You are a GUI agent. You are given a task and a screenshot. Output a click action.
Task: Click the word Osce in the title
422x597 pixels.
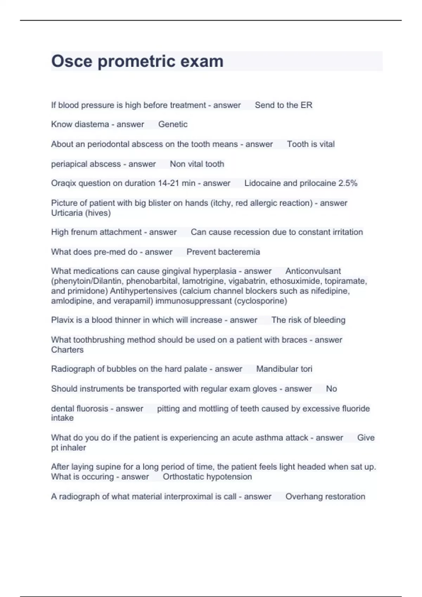[x=72, y=61]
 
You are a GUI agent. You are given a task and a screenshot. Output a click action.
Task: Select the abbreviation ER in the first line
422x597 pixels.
[x=306, y=105]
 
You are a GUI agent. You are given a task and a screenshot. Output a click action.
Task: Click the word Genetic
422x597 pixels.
[x=173, y=124]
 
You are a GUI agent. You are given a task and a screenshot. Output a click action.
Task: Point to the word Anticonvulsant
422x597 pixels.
[x=313, y=271]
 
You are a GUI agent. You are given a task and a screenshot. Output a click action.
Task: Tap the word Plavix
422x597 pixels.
[x=62, y=320]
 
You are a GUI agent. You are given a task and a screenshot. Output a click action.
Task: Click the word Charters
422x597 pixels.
[x=67, y=350]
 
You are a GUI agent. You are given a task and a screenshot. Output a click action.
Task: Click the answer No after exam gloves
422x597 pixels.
[x=331, y=389]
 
